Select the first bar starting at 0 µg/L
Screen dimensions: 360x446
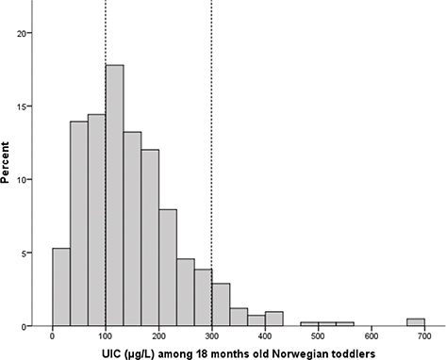60,287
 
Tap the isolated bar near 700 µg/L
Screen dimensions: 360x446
415,322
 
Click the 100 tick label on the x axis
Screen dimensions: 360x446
106,336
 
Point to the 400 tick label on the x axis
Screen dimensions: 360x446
265,336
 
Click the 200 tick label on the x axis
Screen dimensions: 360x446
158,336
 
